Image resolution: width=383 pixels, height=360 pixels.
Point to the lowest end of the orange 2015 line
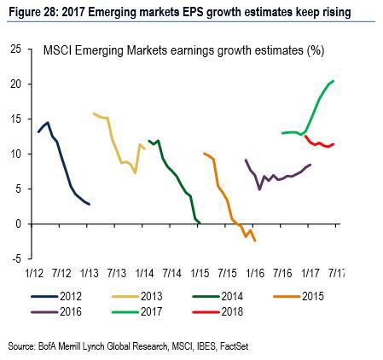click(x=255, y=241)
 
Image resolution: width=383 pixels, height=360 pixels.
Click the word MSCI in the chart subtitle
click(x=57, y=52)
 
